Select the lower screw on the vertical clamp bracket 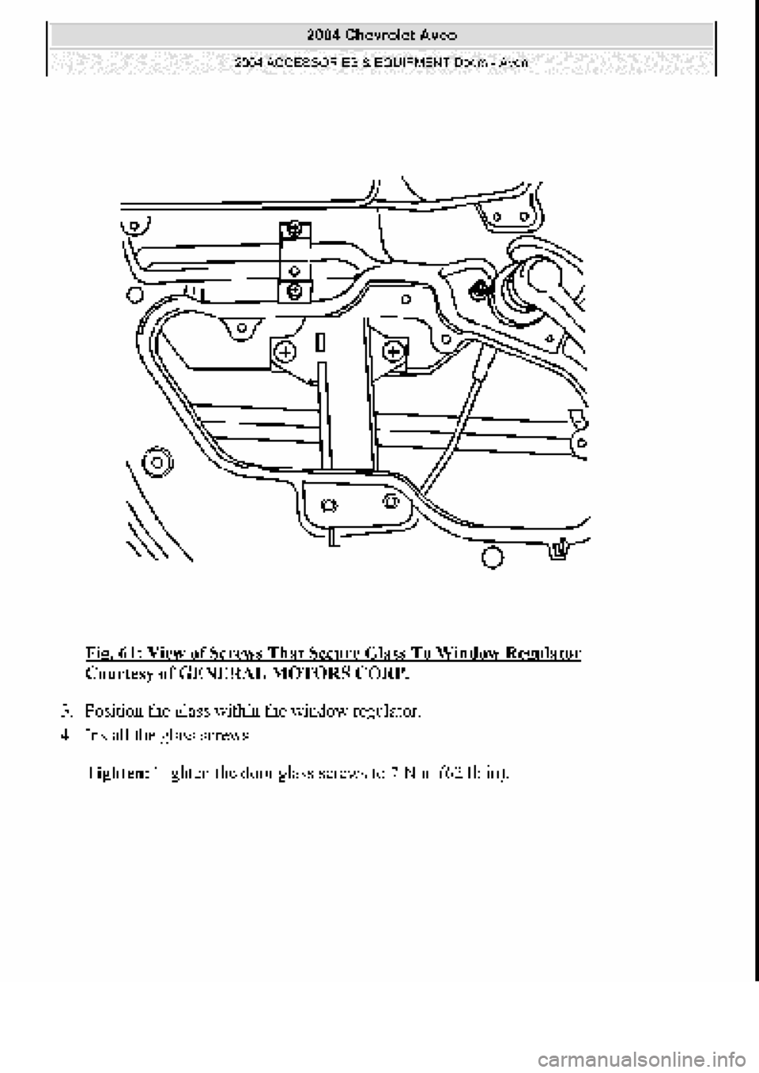pyautogui.click(x=294, y=290)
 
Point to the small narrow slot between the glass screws pyautogui.click(x=320, y=342)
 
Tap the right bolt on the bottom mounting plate pyautogui.click(x=389, y=500)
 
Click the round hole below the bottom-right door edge pyautogui.click(x=492, y=558)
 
